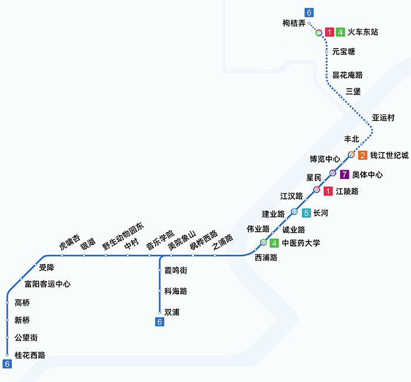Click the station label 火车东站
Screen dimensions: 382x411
coord(363,32)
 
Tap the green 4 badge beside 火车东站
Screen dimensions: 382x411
coord(341,32)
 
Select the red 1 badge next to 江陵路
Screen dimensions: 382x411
coord(328,191)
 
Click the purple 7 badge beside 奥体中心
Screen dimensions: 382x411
coord(345,174)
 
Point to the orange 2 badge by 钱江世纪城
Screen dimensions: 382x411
coord(362,155)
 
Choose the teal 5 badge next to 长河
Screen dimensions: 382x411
coord(306,213)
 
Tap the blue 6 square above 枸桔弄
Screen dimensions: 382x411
coord(309,12)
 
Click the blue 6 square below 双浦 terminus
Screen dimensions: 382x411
coord(159,322)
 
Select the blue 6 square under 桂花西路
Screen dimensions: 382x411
coord(7,364)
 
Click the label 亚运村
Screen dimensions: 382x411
coord(383,118)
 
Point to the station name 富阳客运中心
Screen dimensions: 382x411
coord(48,284)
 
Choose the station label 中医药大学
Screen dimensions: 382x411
coord(301,243)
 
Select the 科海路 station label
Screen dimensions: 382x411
coord(176,291)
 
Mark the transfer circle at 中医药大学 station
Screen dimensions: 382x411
coord(264,242)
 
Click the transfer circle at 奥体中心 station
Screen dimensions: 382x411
coord(332,173)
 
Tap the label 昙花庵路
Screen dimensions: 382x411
coord(348,75)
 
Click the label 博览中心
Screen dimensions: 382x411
coord(325,159)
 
